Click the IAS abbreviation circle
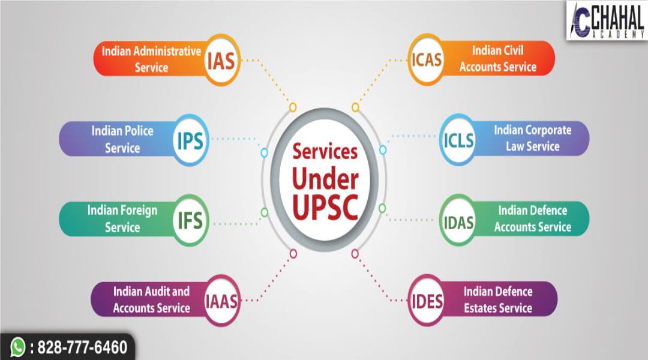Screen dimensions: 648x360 (221, 61)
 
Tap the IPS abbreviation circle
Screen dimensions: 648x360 (190, 140)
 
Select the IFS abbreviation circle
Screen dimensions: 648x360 (190, 220)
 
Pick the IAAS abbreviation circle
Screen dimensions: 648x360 (221, 301)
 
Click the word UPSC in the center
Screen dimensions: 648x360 (325, 206)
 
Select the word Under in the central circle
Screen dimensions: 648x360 (325, 179)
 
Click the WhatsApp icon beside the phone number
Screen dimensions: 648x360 (18, 347)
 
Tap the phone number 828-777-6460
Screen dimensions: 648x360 (82, 347)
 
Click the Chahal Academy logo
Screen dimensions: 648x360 (607, 20)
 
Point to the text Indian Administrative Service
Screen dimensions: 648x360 (151, 59)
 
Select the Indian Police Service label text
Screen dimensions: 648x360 (122, 139)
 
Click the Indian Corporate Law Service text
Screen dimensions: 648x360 (533, 138)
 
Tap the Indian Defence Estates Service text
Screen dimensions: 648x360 (498, 299)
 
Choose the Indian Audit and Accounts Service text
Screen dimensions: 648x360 (152, 299)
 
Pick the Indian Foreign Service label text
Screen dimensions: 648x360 (122, 218)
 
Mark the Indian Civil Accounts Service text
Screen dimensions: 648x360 (498, 59)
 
